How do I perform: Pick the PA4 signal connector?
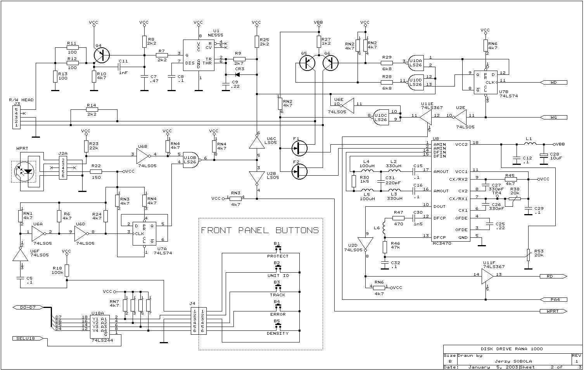click(x=553, y=299)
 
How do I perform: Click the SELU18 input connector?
click(x=26, y=338)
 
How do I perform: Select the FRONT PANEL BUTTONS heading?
click(x=260, y=230)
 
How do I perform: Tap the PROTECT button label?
click(x=278, y=256)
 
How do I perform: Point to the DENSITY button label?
click(x=278, y=334)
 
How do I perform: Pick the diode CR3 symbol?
click(x=237, y=74)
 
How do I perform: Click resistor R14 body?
click(x=92, y=110)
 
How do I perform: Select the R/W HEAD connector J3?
click(x=16, y=117)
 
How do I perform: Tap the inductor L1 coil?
click(x=530, y=144)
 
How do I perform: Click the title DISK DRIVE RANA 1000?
click(x=512, y=349)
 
